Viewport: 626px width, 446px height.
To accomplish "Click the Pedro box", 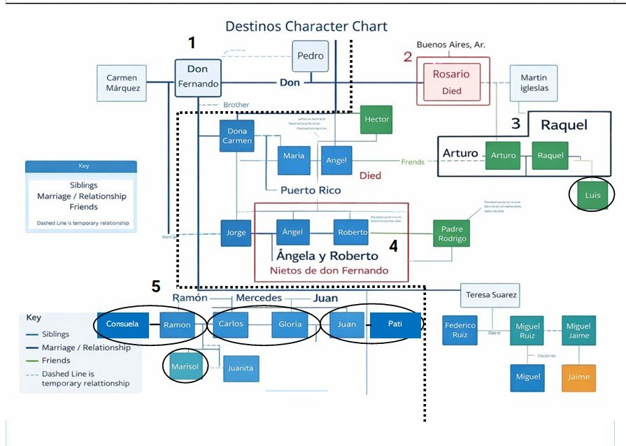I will (x=309, y=56).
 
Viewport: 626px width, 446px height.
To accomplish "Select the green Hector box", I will (x=376, y=119).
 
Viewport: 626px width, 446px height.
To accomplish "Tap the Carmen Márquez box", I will (x=122, y=83).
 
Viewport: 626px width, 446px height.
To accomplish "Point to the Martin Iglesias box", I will (x=534, y=82).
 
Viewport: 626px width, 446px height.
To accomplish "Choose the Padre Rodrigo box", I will (x=451, y=233).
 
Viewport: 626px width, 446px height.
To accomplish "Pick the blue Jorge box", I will (x=236, y=233).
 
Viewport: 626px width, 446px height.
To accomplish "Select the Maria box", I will (x=294, y=156).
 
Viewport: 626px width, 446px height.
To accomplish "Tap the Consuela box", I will (x=122, y=324).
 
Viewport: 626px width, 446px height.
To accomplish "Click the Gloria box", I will (x=290, y=324).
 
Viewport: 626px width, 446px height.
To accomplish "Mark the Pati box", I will (x=395, y=324).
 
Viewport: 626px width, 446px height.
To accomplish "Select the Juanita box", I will (x=240, y=368).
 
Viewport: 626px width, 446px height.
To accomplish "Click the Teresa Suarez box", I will (x=490, y=296).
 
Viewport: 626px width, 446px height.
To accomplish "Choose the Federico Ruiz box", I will (x=460, y=330).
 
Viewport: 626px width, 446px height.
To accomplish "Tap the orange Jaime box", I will (x=578, y=377).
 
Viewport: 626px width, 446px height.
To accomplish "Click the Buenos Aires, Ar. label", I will (x=450, y=45).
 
